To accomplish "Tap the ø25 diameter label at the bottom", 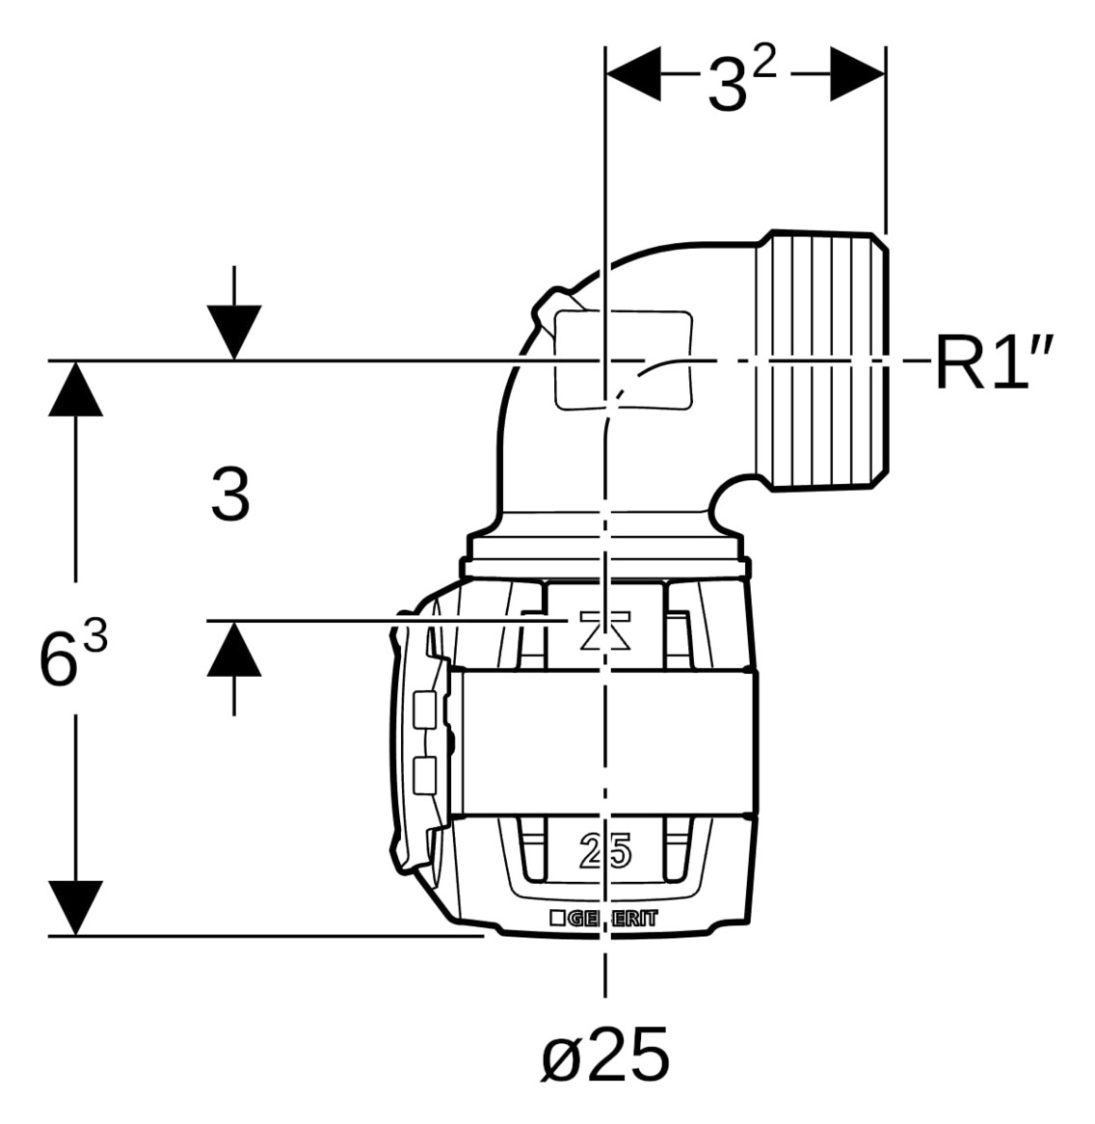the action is click(605, 1056).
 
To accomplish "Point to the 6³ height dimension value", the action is click(73, 653).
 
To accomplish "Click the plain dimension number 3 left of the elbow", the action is click(230, 494).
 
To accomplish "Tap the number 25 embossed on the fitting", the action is click(605, 851).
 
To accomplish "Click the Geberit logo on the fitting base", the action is click(603, 919).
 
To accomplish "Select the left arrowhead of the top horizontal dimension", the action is click(633, 74).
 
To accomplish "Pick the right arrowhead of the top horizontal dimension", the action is click(858, 74).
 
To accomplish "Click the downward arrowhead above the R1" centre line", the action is click(233, 333).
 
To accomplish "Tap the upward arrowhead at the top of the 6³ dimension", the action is click(75, 388).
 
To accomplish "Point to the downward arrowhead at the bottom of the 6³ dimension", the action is click(75, 908).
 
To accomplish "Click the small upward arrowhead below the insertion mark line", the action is click(233, 649).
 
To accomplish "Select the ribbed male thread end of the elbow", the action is click(822, 361).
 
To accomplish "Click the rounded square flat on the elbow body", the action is click(625, 361).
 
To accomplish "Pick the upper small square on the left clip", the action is click(425, 709).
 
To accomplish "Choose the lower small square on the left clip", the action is click(425, 776).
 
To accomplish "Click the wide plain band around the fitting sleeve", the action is click(606, 742).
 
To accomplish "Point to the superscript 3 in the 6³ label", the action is click(95, 634).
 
